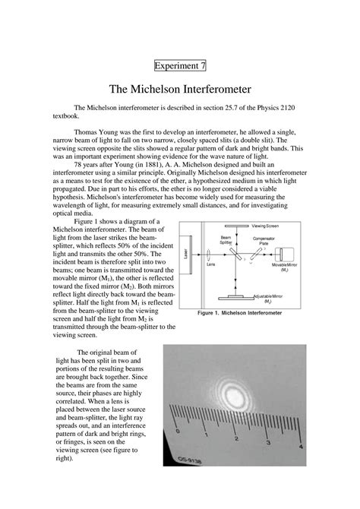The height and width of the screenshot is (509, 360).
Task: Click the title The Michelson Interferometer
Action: [x=179, y=89]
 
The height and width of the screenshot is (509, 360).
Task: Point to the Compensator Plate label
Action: [x=265, y=241]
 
